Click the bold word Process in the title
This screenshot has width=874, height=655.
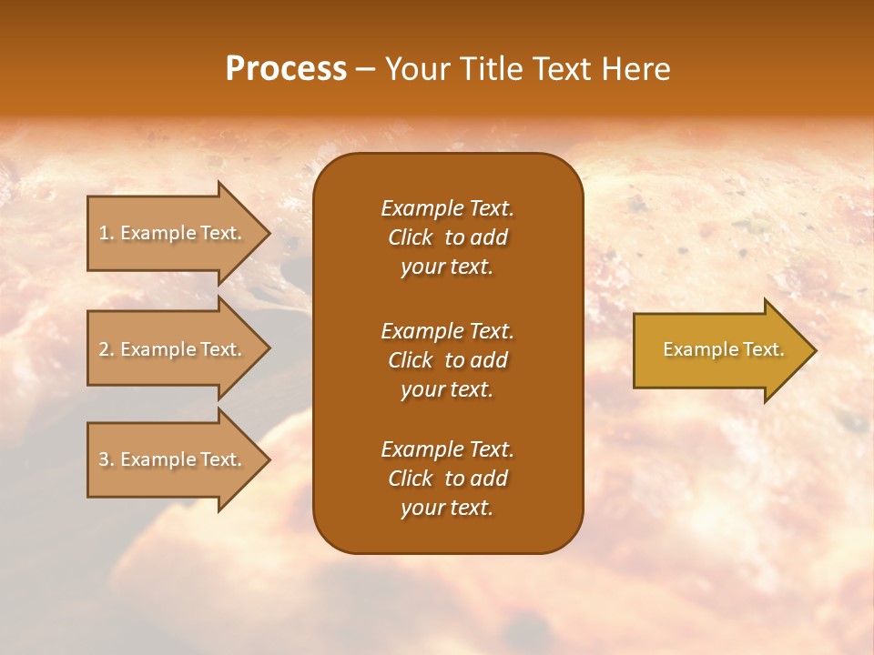[286, 69]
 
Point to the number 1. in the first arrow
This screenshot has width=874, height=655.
[106, 233]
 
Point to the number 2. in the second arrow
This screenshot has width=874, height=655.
[106, 349]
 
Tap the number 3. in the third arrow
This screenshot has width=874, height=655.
[106, 459]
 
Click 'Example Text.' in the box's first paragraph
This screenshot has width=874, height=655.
[447, 208]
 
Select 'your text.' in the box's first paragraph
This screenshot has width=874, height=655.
[447, 267]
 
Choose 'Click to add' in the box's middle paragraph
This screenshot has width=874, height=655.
[447, 360]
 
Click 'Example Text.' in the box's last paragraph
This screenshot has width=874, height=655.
[447, 449]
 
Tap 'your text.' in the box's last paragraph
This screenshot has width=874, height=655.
[447, 509]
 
